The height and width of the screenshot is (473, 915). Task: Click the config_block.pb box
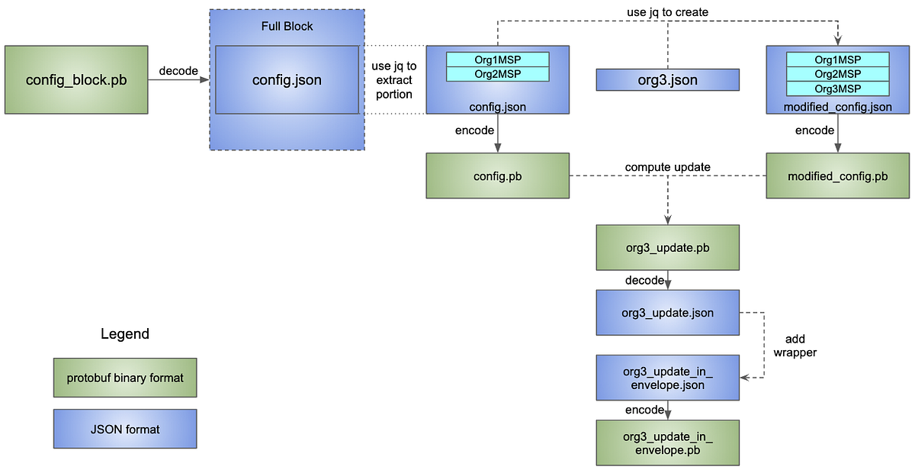[x=76, y=80]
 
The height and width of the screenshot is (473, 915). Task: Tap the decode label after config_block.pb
[x=178, y=71]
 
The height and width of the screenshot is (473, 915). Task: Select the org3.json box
[x=667, y=80]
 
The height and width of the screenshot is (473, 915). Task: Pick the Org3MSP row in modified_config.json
[x=837, y=88]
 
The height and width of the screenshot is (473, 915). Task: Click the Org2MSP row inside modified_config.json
[x=837, y=74]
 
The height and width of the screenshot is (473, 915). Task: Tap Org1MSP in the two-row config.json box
[x=497, y=60]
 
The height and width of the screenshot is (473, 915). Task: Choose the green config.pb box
[x=497, y=176]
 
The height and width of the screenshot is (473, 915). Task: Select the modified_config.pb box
[x=837, y=176]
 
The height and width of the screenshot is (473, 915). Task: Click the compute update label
[x=667, y=167]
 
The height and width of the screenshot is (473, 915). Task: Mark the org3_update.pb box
[x=667, y=247]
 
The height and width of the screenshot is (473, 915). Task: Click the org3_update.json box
[x=667, y=313]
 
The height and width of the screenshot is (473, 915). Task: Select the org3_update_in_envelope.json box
[x=667, y=378]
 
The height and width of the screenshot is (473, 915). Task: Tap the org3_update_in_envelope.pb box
[x=667, y=442]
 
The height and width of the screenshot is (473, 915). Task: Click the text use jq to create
[x=667, y=11]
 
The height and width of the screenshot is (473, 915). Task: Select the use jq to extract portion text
[x=394, y=80]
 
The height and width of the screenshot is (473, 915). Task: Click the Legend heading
[x=125, y=334]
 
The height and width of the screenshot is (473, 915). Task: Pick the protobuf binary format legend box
[x=125, y=378]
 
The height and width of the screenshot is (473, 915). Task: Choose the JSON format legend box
[x=125, y=429]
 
